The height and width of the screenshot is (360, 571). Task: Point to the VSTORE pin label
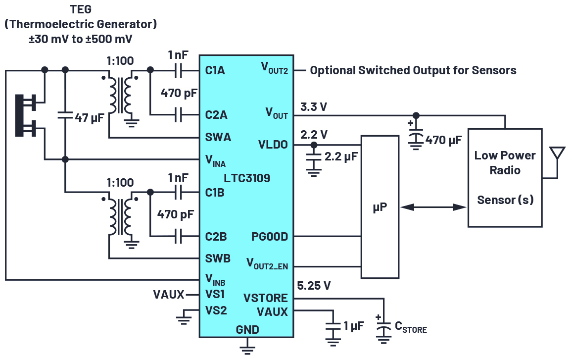click(266, 298)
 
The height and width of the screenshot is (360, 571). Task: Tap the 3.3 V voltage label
click(314, 107)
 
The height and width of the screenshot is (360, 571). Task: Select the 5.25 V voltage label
click(314, 286)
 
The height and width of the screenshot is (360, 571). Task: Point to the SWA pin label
click(218, 138)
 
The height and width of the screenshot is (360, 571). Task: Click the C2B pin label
click(216, 237)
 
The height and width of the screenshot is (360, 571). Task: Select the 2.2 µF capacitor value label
click(341, 157)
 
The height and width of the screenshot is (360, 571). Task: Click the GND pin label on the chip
click(247, 330)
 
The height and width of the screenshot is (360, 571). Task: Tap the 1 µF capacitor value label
click(353, 326)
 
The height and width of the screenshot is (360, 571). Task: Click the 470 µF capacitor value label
click(443, 140)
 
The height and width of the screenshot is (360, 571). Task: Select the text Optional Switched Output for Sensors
click(413, 70)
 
